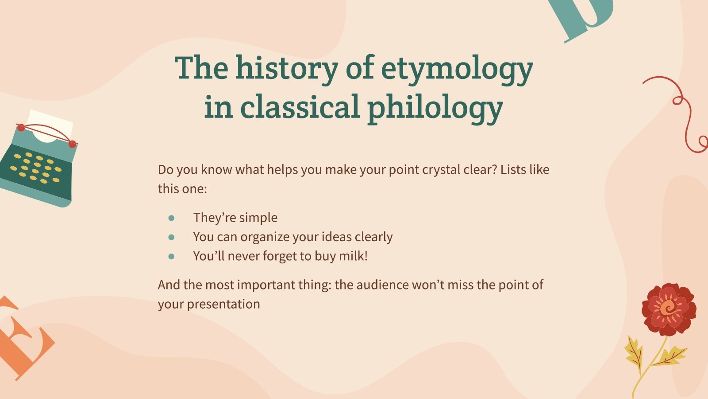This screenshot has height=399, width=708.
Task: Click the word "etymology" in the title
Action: tap(457, 69)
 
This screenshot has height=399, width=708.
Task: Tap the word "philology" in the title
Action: tap(435, 108)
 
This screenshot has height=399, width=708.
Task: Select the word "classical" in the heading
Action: tap(300, 108)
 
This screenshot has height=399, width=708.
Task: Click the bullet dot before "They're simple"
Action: tap(172, 218)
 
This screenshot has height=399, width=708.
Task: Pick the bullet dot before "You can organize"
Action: tap(172, 237)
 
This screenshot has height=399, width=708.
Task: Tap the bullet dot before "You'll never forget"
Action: tap(172, 256)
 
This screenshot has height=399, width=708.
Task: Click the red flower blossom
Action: tap(668, 309)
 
